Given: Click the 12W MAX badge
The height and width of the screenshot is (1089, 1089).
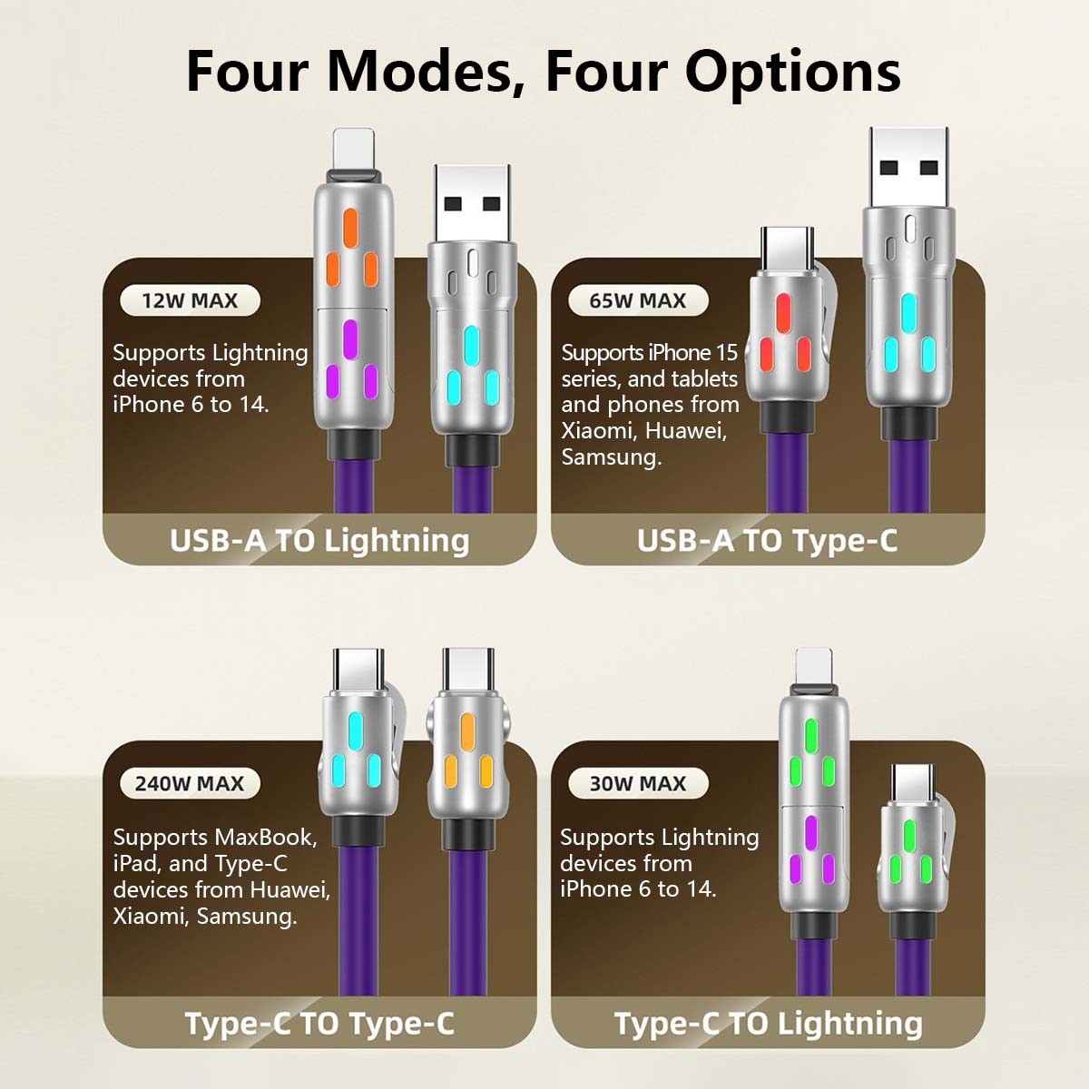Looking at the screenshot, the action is pyautogui.click(x=190, y=300).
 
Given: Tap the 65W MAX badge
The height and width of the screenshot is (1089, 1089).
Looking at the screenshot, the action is pyautogui.click(x=638, y=300).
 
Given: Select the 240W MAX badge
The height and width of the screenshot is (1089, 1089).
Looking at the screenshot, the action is pyautogui.click(x=190, y=783).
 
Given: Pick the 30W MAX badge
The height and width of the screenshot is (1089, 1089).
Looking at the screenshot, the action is pyautogui.click(x=638, y=783).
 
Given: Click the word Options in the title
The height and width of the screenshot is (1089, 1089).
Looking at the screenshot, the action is pyautogui.click(x=793, y=74).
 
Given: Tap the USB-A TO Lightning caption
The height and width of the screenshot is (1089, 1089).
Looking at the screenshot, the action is pyautogui.click(x=319, y=541).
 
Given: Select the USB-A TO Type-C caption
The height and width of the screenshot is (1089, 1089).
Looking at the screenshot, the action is pyautogui.click(x=767, y=541).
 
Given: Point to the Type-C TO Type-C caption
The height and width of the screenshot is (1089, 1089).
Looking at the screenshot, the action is pyautogui.click(x=319, y=1024).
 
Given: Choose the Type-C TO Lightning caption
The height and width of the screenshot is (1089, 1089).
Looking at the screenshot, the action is pyautogui.click(x=768, y=1024).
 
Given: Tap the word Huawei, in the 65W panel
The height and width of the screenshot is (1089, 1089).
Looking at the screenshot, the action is pyautogui.click(x=685, y=431).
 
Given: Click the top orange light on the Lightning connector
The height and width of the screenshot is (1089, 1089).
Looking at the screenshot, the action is pyautogui.click(x=350, y=228).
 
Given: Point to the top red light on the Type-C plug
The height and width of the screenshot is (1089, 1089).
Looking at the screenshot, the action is pyautogui.click(x=782, y=312).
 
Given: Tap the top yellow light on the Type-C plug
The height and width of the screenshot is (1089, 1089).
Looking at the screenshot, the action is pyautogui.click(x=467, y=731).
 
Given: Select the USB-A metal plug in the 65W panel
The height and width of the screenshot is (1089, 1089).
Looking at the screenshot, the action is pyautogui.click(x=909, y=168).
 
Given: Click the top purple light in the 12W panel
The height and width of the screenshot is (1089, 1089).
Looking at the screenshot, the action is pyautogui.click(x=350, y=339).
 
